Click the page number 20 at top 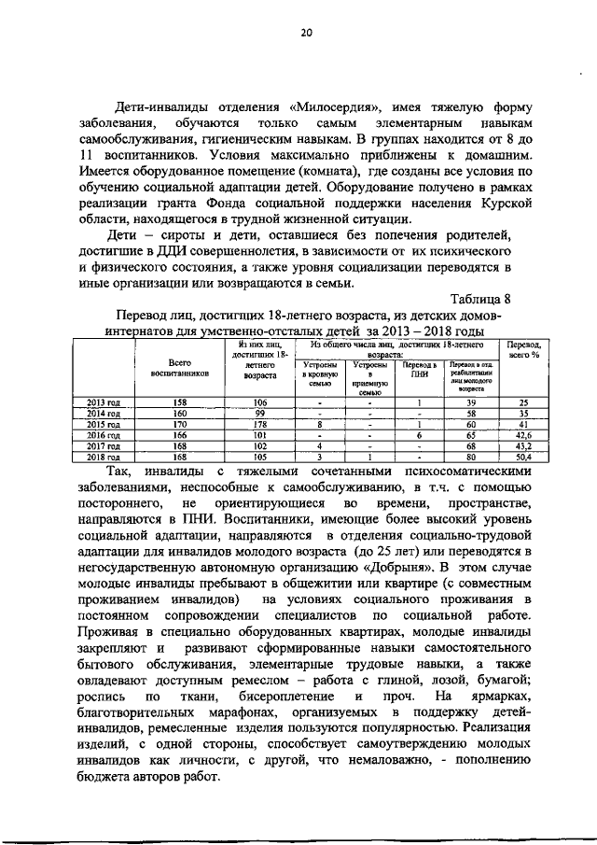[x=304, y=33]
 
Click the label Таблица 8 [x=481, y=299]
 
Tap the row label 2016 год [x=104, y=435]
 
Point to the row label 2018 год [x=104, y=458]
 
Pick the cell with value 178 [x=260, y=424]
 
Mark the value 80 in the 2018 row [x=472, y=458]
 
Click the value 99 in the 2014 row [x=260, y=413]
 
